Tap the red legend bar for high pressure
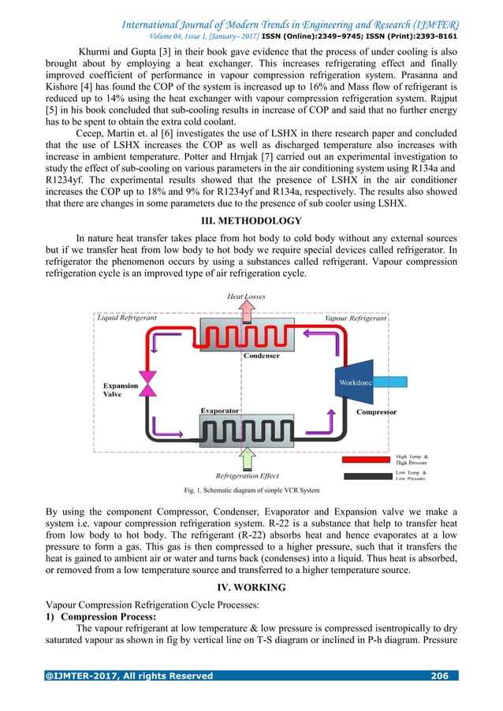click(366, 458)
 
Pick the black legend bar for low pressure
click(366, 475)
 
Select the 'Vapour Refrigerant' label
click(356, 318)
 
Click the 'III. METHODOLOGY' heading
click(251, 220)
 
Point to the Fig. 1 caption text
click(251, 490)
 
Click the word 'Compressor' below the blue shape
click(376, 411)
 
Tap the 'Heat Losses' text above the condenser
click(247, 296)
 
